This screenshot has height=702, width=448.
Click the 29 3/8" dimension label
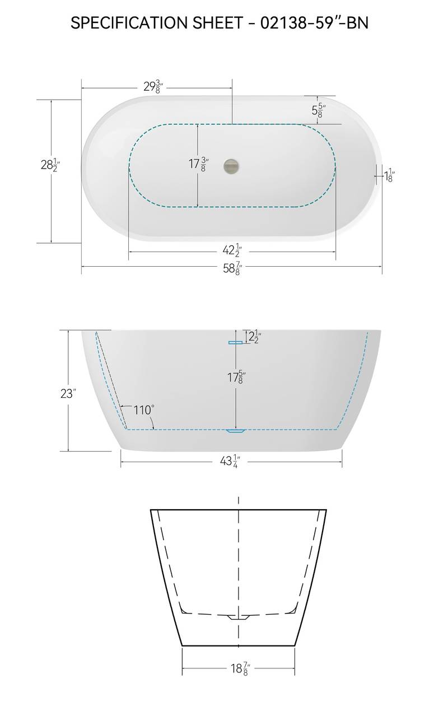152,87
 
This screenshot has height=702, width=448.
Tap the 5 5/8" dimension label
319,109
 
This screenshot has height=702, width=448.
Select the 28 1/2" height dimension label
49,165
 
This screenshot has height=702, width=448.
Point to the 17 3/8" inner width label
198,165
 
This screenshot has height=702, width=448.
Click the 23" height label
68,394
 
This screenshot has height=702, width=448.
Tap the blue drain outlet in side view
235,431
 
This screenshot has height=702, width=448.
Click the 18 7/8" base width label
239,668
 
